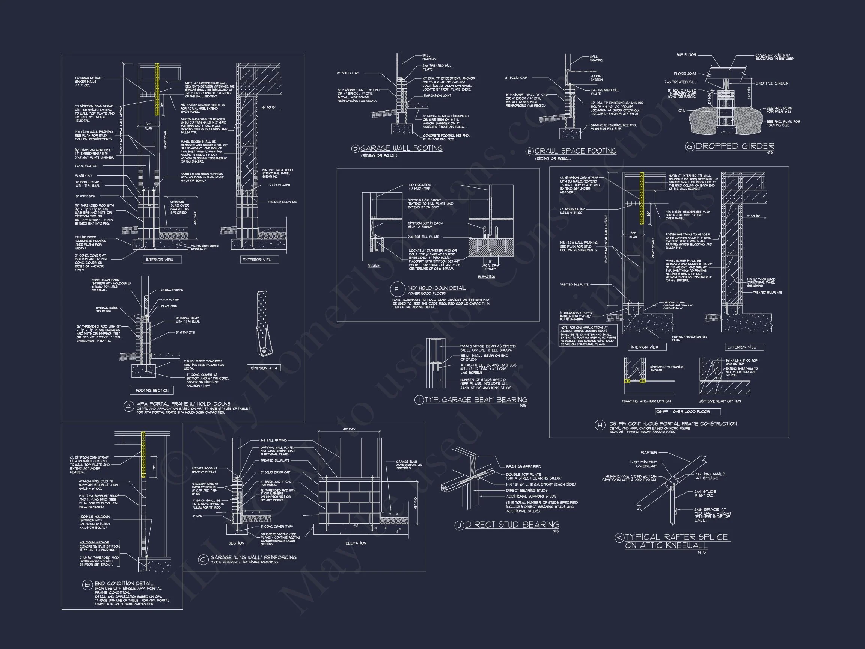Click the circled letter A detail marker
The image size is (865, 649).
129,406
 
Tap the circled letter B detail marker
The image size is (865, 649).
87,585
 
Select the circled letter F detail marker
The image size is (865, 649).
396,290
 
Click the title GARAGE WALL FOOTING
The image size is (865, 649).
401,148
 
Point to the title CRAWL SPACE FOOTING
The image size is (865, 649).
575,151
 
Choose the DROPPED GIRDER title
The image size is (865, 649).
735,146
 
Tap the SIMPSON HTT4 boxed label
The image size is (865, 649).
264,368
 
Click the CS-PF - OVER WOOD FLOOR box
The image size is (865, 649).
688,411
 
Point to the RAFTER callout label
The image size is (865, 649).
649,452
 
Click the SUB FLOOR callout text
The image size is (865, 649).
686,55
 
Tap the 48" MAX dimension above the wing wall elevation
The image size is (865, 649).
349,429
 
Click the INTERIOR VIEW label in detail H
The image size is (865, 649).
644,347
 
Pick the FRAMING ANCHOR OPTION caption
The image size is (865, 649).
646,401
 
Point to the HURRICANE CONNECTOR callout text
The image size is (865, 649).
631,478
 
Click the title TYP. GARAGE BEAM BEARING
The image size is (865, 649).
476,400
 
